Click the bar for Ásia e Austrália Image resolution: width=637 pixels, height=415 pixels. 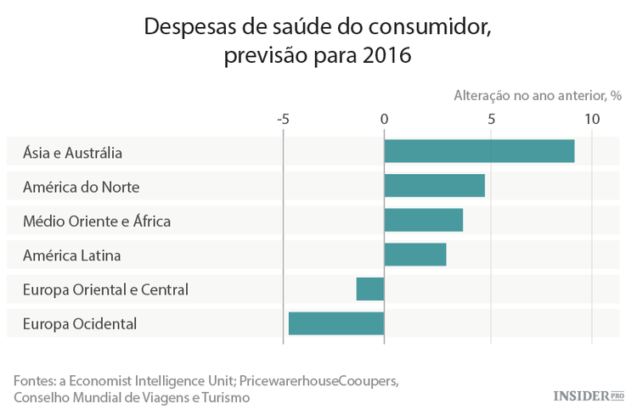pyautogui.click(x=479, y=151)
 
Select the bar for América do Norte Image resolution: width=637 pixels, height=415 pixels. pyautogui.click(x=434, y=185)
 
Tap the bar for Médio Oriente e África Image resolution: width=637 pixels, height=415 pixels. pyautogui.click(x=423, y=220)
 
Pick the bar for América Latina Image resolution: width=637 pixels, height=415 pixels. pyautogui.click(x=414, y=254)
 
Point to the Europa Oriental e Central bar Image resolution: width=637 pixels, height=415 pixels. pyautogui.click(x=370, y=289)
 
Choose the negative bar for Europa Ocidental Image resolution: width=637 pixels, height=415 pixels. pyautogui.click(x=336, y=323)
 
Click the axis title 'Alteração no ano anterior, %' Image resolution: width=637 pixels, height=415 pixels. pyautogui.click(x=538, y=95)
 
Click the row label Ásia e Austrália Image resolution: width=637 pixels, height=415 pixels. pyautogui.click(x=73, y=153)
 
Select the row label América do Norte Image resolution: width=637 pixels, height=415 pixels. pyautogui.click(x=81, y=187)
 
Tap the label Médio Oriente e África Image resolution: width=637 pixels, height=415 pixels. pyautogui.click(x=97, y=222)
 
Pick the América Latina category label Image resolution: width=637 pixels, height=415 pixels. pyautogui.click(x=72, y=255)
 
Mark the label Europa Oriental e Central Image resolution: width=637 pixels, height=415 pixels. pyautogui.click(x=105, y=289)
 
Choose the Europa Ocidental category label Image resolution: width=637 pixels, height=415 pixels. pyautogui.click(x=80, y=323)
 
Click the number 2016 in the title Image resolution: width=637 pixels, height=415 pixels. pyautogui.click(x=386, y=57)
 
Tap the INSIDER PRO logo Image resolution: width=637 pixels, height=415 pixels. pyautogui.click(x=589, y=395)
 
